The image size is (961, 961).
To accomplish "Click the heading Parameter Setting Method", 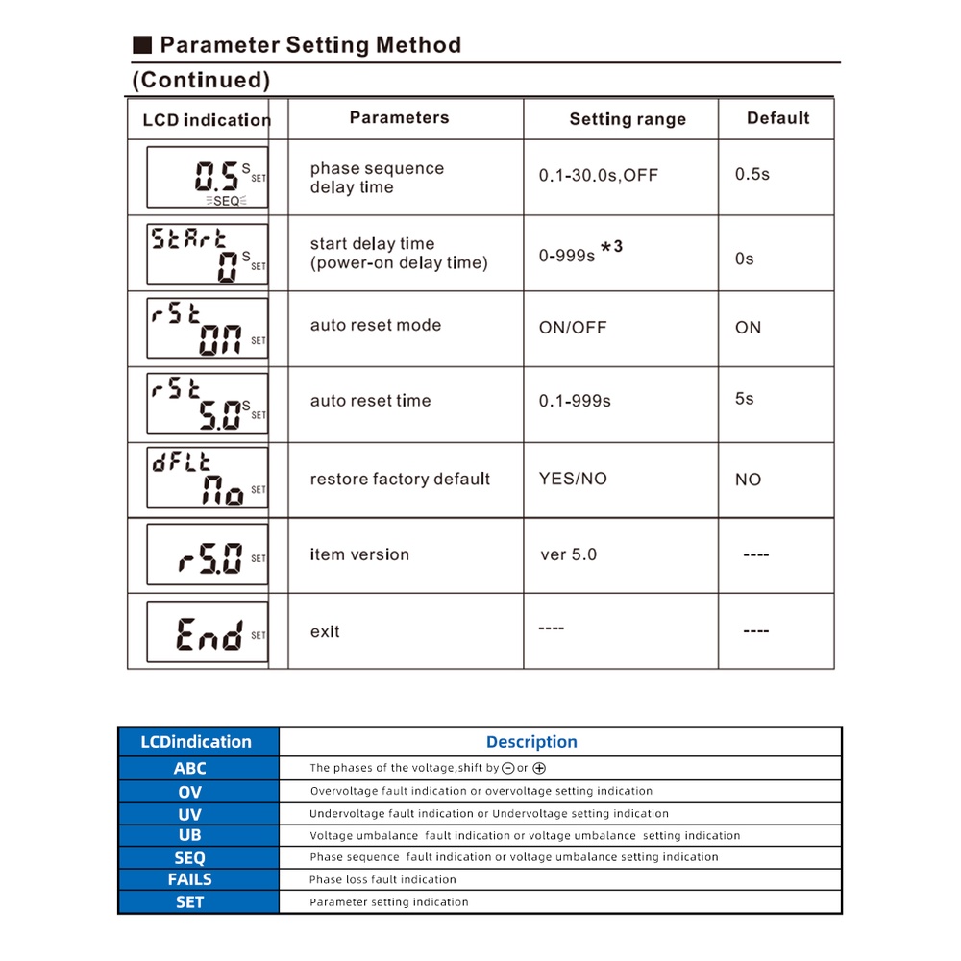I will tap(309, 45).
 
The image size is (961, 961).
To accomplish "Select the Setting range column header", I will tap(628, 119).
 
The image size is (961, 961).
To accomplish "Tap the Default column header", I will tap(777, 118).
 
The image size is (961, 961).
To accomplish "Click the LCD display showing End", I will tap(208, 632).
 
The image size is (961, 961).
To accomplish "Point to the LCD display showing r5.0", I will tap(208, 555).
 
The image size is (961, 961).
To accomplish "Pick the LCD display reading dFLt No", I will tap(208, 478).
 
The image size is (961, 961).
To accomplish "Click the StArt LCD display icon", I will tap(208, 254).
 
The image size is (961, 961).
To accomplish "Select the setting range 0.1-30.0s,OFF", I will tap(599, 176).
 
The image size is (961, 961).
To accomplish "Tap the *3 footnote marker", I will tap(611, 247).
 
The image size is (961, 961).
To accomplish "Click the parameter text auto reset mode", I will tap(376, 325).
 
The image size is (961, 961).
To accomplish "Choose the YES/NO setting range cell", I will tap(573, 479).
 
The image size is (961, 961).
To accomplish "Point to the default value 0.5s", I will tap(752, 175).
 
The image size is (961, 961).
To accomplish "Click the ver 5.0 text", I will tap(568, 554).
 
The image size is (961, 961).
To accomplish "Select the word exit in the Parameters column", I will tap(325, 631).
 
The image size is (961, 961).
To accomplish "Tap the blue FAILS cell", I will tap(190, 879).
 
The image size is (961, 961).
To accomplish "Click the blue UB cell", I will tap(190, 835).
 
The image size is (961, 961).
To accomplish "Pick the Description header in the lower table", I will tap(531, 742).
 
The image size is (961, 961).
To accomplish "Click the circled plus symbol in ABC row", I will tap(539, 769).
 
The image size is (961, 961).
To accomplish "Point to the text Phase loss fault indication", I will tap(382, 879).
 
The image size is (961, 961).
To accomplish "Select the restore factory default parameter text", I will tap(400, 479).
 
